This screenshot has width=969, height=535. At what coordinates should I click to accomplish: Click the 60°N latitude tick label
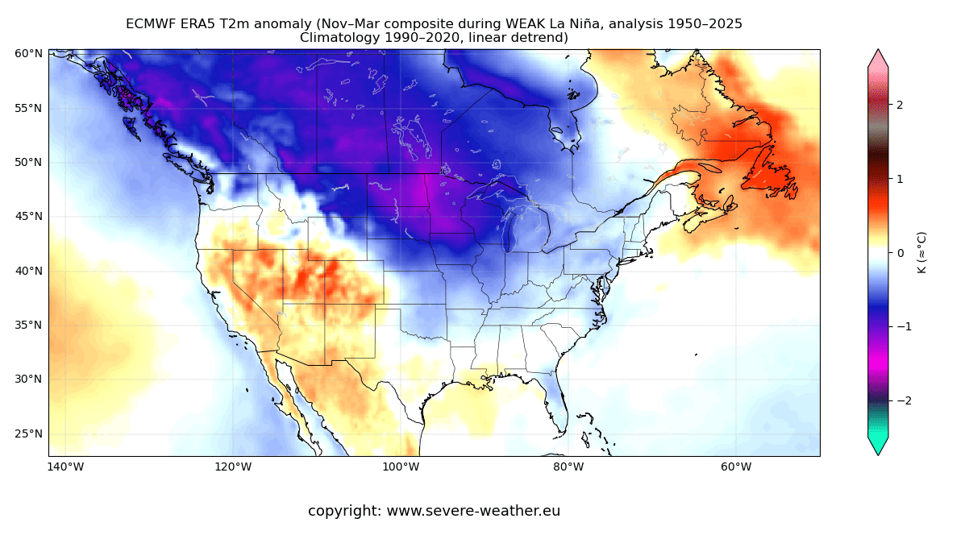pos(28,54)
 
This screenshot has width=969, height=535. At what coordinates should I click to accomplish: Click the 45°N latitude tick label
pos(28,216)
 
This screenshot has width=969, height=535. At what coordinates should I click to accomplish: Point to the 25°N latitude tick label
pos(28,433)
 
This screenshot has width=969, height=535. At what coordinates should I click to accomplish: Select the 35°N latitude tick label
pos(28,325)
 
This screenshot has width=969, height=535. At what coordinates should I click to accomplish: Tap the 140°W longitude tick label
pos(65,467)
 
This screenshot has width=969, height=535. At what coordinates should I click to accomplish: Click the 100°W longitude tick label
pos(401,467)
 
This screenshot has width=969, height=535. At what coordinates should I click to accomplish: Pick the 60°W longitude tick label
pos(736,467)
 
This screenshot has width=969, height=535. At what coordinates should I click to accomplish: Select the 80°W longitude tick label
pos(568,467)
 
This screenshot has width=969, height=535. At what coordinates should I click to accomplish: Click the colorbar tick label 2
pos(900,105)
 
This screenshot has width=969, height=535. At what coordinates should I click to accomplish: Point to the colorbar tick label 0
pos(900,252)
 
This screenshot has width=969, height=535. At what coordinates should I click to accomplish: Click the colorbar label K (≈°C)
pos(921,252)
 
